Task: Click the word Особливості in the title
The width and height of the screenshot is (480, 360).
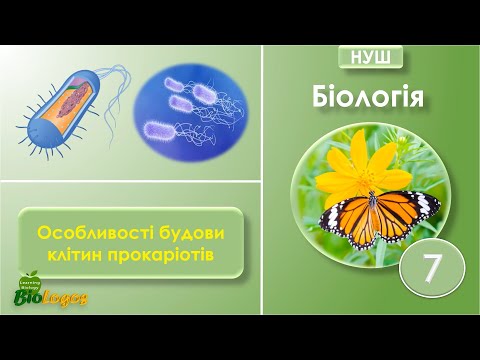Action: click(87, 231)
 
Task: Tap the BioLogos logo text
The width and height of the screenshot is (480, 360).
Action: click(50, 297)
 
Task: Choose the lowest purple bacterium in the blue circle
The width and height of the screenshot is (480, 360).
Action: click(158, 128)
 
